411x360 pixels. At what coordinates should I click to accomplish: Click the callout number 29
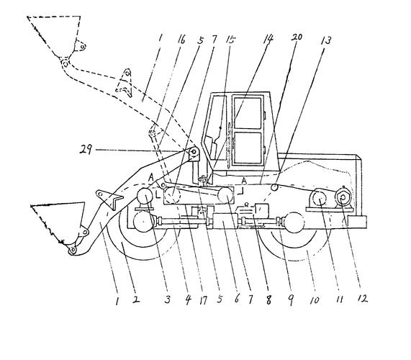(86, 150)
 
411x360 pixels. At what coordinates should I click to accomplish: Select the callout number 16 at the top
(181, 40)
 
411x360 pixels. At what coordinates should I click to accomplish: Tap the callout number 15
(230, 40)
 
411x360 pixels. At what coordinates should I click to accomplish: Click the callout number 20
(297, 37)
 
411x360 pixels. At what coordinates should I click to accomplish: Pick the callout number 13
(326, 40)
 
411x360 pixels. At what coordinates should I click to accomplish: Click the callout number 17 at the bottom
(203, 300)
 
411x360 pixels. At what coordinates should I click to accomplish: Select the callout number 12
(363, 298)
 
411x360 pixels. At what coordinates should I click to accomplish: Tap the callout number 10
(315, 300)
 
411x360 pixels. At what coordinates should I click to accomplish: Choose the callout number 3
(167, 300)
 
